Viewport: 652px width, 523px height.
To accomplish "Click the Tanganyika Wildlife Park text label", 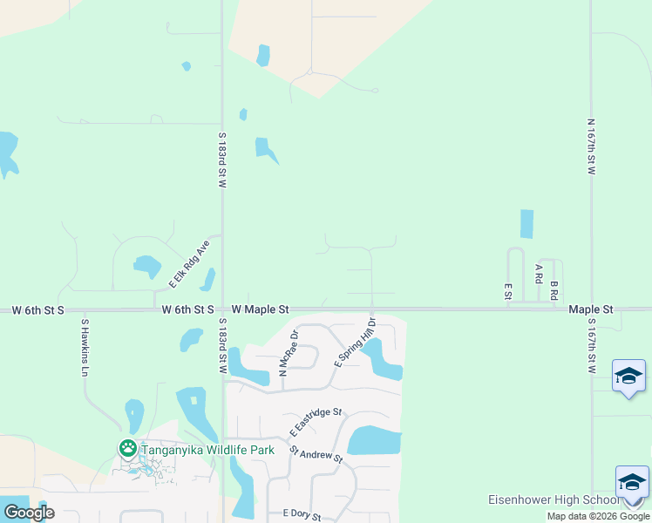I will [x=208, y=450].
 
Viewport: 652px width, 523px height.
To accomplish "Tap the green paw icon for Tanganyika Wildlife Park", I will [x=128, y=449].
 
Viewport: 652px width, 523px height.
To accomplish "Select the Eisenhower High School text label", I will [x=553, y=500].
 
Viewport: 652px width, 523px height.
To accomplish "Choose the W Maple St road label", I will [x=260, y=309].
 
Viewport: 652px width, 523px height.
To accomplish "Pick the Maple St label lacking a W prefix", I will [x=591, y=309].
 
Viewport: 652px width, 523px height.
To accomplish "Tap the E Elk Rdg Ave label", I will [x=190, y=264].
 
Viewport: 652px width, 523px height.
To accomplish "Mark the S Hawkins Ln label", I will [x=85, y=347].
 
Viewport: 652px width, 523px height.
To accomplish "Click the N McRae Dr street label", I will [x=289, y=353].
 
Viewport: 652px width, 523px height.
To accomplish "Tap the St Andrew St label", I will [x=316, y=454].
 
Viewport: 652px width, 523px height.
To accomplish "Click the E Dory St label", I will [x=301, y=516].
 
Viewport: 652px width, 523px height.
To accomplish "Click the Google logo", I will [x=29, y=513].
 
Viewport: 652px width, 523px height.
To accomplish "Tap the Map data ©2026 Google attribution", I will [x=598, y=517].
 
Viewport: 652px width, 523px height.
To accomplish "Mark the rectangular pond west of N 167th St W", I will [x=526, y=224].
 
